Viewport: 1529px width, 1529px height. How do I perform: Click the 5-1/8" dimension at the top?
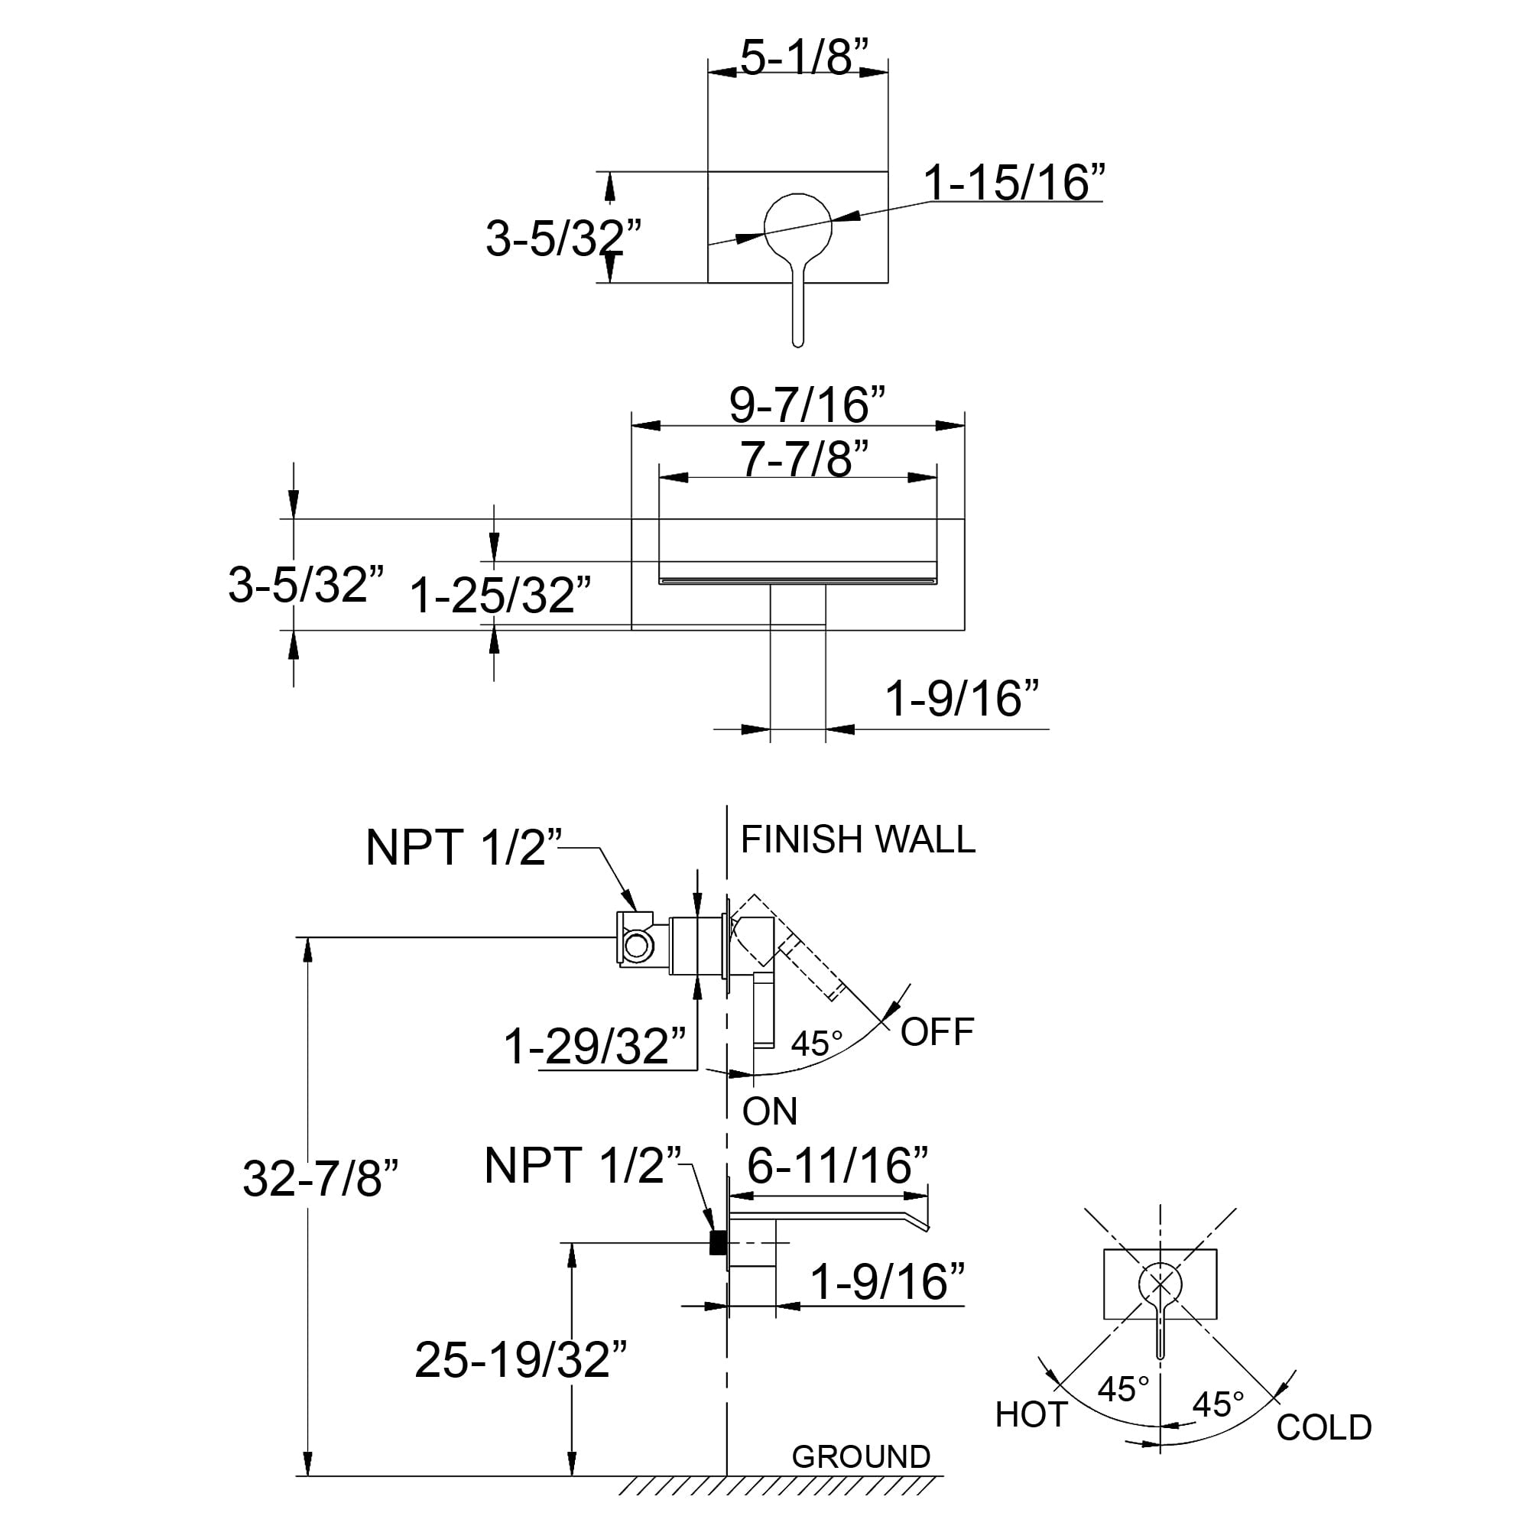coord(804,57)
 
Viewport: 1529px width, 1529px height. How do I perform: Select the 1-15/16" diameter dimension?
coord(1014,183)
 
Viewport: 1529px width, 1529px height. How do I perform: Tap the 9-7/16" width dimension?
coord(807,405)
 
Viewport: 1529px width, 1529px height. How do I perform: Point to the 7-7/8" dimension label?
coord(804,458)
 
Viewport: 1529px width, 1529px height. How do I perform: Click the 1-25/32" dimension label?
coord(500,595)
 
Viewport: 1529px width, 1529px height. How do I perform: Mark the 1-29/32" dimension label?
coord(595,1047)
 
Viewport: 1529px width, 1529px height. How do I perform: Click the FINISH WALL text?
coord(858,839)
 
